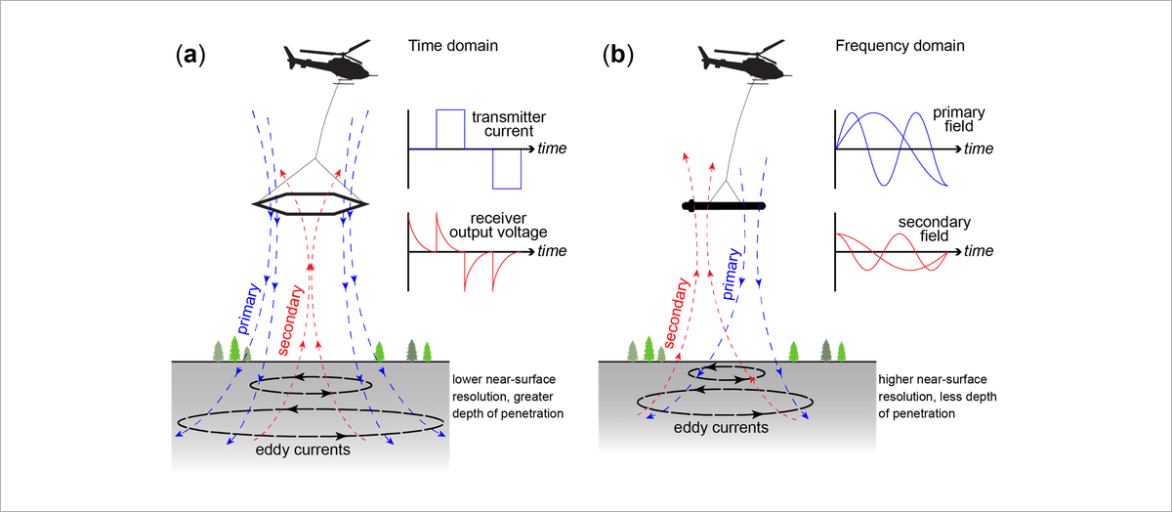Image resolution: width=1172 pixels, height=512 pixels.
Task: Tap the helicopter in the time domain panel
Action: (x=322, y=60)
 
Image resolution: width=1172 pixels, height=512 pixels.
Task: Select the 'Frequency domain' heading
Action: (x=893, y=46)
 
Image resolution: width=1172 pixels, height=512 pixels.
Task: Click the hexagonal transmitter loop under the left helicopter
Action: (x=311, y=203)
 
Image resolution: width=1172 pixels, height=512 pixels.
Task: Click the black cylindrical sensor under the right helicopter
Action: (x=725, y=206)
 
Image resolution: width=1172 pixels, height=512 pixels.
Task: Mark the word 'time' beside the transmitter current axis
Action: (x=552, y=149)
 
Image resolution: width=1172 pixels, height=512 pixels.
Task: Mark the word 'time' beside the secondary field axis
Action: (x=980, y=252)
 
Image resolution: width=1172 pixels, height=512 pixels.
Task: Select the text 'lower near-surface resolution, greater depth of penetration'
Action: (x=506, y=398)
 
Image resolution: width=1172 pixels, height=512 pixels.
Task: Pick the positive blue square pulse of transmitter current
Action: (x=450, y=129)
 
